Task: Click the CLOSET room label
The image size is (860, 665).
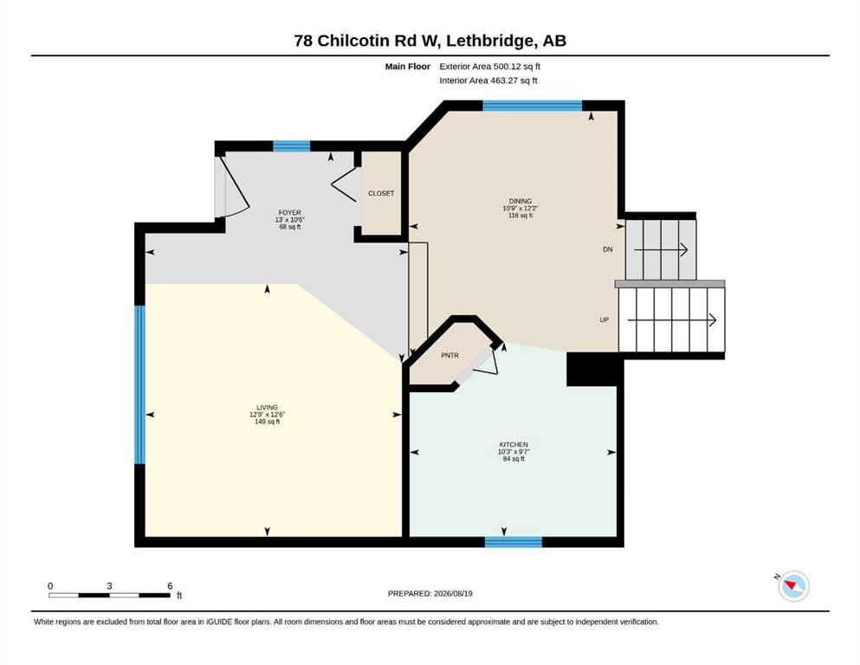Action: pyautogui.click(x=381, y=193)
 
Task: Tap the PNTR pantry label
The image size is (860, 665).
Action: pyautogui.click(x=449, y=355)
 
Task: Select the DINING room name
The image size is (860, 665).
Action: pyautogui.click(x=520, y=201)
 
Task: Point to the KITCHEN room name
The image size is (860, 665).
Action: pyautogui.click(x=514, y=444)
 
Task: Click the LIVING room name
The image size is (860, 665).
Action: pyautogui.click(x=267, y=407)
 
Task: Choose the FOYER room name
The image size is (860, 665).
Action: pyautogui.click(x=289, y=213)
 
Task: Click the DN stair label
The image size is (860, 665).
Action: pyautogui.click(x=608, y=249)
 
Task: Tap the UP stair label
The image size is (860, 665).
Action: pyautogui.click(x=604, y=320)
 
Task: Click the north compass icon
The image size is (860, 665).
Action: pyautogui.click(x=793, y=585)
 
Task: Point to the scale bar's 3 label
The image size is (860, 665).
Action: pyautogui.click(x=109, y=586)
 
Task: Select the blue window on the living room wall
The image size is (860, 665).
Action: pyautogui.click(x=140, y=384)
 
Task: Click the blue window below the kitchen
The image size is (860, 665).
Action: pyautogui.click(x=514, y=542)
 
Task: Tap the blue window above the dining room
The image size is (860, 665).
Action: pyautogui.click(x=532, y=106)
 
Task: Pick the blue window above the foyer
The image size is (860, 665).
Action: pyautogui.click(x=292, y=145)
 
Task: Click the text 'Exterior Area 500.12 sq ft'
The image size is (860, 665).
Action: pyautogui.click(x=490, y=67)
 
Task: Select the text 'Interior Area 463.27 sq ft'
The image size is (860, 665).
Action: pyautogui.click(x=488, y=81)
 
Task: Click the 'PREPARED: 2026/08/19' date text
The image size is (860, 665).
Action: pyautogui.click(x=430, y=593)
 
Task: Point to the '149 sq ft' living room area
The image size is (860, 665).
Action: pyautogui.click(x=267, y=422)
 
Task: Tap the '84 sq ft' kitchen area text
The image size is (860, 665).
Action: pyautogui.click(x=514, y=459)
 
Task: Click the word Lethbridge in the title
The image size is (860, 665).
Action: pyautogui.click(x=490, y=41)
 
